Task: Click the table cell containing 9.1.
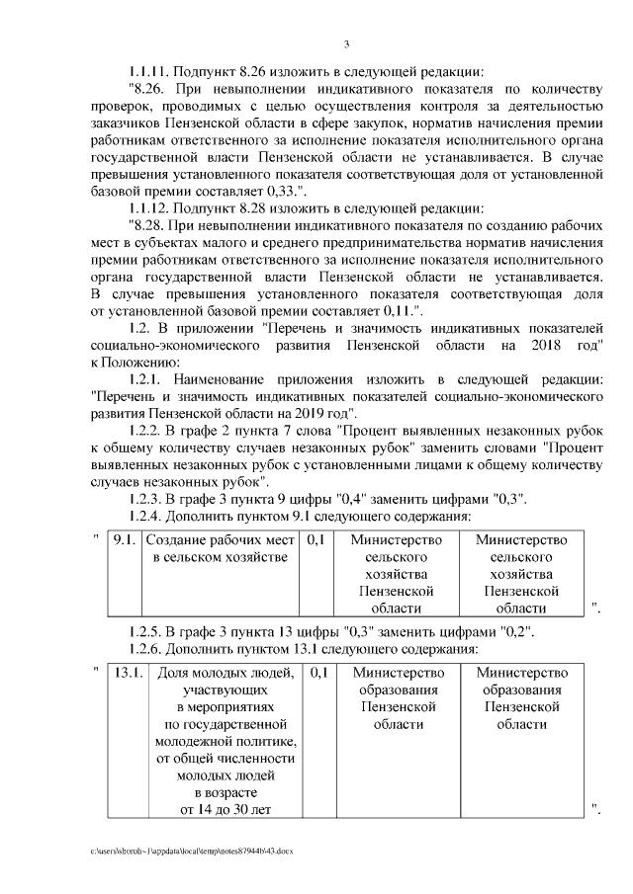pos(124,540)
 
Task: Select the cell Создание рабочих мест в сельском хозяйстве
pos(220,549)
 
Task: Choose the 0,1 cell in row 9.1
pos(316,540)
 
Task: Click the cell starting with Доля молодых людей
pos(225,741)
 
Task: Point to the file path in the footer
pos(193,850)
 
